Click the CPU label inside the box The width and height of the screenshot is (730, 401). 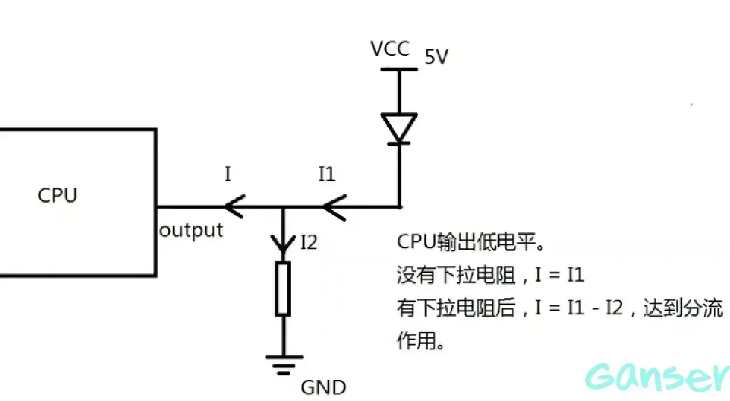click(57, 195)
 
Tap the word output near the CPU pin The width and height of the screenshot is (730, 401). click(191, 230)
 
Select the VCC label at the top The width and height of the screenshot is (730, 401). click(390, 49)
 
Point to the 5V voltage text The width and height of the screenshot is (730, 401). click(436, 57)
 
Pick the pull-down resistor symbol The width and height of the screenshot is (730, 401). click(283, 289)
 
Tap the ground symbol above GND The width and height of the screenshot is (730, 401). click(284, 364)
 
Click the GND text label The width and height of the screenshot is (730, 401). click(323, 388)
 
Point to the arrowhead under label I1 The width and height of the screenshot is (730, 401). click(332, 207)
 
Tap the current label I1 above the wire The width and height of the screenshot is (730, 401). click(327, 174)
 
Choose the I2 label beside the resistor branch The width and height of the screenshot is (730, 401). click(308, 242)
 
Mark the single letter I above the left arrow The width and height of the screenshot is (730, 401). click(228, 174)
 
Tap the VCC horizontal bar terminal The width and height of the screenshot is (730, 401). click(400, 69)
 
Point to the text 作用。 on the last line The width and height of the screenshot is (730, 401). click(420, 341)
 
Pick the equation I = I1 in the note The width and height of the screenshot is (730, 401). click(560, 275)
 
